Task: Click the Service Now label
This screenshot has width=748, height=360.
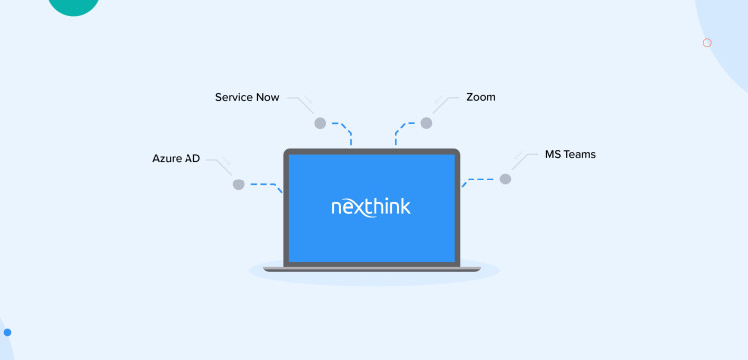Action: click(x=247, y=98)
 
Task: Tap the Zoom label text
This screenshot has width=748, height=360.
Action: click(x=480, y=98)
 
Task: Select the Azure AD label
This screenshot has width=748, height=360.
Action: click(x=177, y=158)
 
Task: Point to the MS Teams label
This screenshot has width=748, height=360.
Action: click(x=569, y=155)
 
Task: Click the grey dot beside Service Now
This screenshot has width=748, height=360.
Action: click(x=320, y=123)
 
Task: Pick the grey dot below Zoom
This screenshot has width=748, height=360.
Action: click(x=426, y=123)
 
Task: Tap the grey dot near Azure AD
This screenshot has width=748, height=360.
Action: click(x=238, y=184)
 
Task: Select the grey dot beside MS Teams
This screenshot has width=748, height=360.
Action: click(x=505, y=179)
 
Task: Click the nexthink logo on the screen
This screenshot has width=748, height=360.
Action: click(x=371, y=208)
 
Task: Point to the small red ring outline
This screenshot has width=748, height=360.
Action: click(x=707, y=43)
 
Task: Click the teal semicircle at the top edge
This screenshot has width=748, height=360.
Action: click(x=74, y=6)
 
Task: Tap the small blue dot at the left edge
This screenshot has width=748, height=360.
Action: click(x=5, y=332)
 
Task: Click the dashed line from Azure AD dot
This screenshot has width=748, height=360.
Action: click(x=263, y=184)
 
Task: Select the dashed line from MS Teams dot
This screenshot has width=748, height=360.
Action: click(x=481, y=180)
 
